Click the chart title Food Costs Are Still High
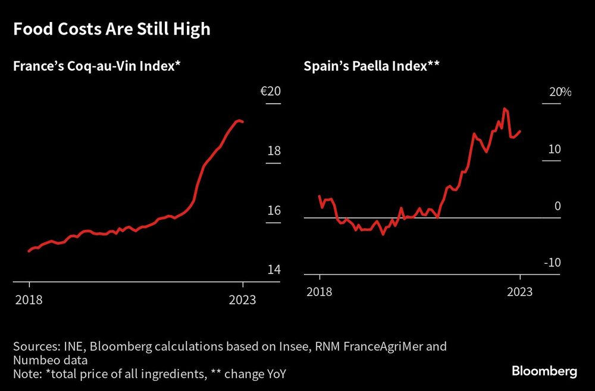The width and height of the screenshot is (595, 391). point(112,29)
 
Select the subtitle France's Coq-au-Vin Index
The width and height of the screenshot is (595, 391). point(96,67)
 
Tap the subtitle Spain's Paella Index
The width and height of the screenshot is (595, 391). point(371,67)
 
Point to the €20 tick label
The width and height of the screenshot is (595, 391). point(270,92)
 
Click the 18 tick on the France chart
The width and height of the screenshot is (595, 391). point(274,152)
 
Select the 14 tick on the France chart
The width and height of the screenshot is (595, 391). point(274,270)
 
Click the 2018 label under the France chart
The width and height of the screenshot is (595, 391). point(29,299)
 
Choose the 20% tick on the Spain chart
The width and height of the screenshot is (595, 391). point(559,92)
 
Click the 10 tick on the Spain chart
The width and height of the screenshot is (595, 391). point(555,149)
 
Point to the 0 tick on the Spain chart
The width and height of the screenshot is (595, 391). point(558,206)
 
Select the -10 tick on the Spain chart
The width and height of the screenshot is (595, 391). point(552,263)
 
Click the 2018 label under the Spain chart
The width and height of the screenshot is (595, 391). point(320,292)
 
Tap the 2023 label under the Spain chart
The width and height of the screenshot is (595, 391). point(519,292)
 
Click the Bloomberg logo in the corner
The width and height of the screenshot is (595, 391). point(544,371)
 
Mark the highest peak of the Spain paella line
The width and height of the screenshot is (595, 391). point(505,109)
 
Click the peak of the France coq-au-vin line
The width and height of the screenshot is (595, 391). point(239,121)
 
